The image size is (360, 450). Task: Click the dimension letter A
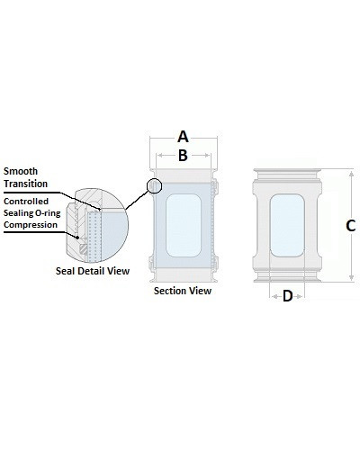(183, 137)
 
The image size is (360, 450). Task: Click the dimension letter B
(183, 156)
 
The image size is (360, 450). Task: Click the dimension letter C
(350, 226)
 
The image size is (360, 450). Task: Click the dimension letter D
(287, 296)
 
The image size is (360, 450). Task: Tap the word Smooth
(21, 171)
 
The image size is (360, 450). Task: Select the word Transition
(25, 184)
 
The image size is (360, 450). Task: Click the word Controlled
(26, 201)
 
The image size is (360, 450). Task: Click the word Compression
(31, 225)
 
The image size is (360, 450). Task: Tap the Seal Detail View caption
(93, 271)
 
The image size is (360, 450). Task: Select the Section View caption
(183, 291)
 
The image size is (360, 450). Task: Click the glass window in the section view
(184, 225)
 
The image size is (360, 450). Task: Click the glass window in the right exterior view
(287, 225)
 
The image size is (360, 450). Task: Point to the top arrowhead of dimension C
(352, 172)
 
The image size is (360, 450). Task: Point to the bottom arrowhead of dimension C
(352, 278)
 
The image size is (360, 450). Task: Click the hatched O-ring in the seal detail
(84, 249)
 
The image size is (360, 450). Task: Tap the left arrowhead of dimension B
(160, 155)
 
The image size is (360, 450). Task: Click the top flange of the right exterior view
(287, 175)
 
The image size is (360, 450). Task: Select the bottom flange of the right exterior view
(287, 276)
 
